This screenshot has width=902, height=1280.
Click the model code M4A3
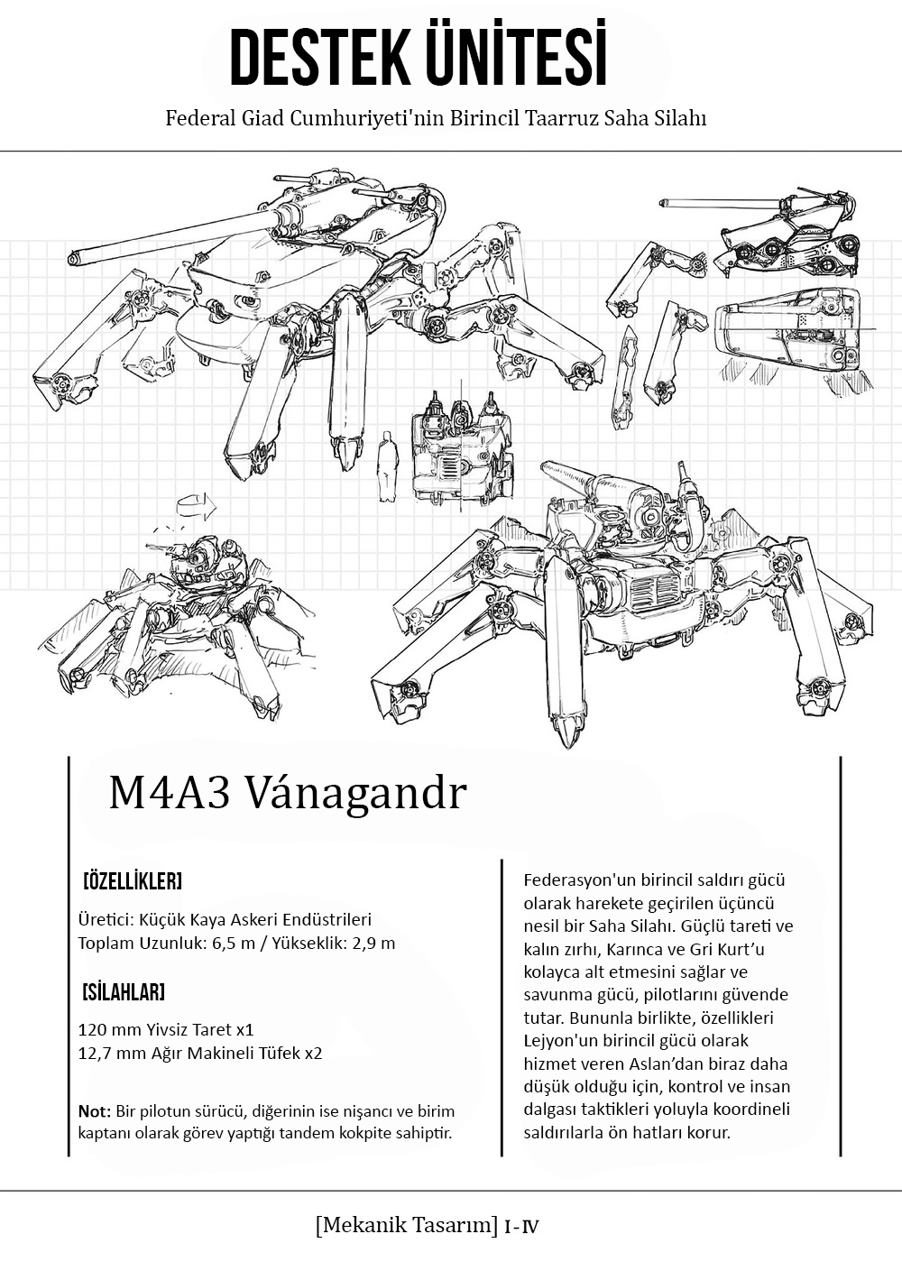tap(169, 794)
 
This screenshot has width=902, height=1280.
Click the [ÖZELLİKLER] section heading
tap(132, 879)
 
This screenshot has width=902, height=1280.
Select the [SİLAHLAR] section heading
tap(124, 993)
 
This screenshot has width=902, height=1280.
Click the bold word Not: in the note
tap(95, 1110)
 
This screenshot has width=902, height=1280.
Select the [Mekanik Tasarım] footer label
tap(407, 1225)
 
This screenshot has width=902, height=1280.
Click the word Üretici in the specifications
tap(105, 920)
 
